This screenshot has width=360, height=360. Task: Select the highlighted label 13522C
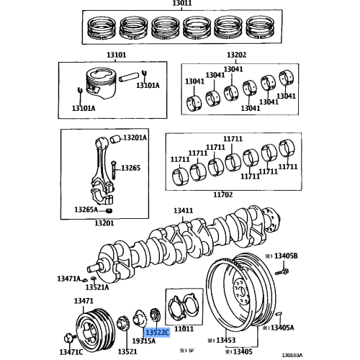point(157,333)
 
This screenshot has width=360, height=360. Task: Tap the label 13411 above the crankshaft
point(183,211)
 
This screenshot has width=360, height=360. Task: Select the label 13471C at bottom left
point(70,352)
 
